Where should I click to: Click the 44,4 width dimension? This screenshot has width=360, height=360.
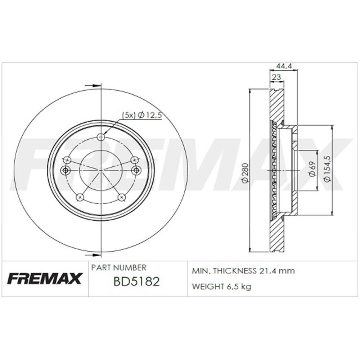pos(284,66)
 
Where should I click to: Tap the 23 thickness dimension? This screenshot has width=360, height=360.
pos(276,77)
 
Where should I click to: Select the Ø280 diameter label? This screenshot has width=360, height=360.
pos(245,173)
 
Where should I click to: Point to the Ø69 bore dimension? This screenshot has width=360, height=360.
pos(312,170)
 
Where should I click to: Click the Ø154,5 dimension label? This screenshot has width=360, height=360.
pos(327,170)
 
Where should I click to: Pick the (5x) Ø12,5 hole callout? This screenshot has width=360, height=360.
pos(141,115)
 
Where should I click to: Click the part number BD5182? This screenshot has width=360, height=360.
pos(136,282)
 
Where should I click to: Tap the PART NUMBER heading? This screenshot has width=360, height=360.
pos(118,267)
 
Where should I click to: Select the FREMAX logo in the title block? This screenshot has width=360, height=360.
pos(44,279)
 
